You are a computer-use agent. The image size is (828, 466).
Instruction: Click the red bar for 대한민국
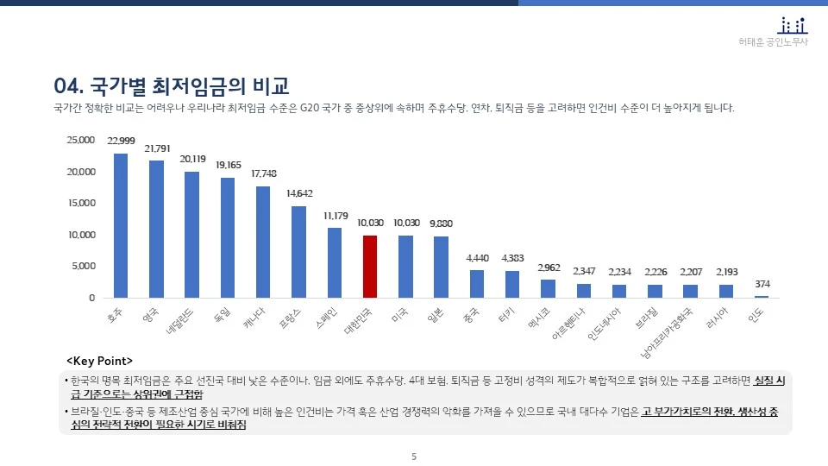pos(369,266)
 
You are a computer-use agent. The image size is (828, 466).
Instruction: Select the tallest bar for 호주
pos(121,226)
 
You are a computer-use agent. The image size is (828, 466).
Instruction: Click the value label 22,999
pos(121,141)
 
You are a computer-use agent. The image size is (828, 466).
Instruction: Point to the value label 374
pos(762,284)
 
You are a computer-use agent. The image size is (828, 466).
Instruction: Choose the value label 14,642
pos(298,193)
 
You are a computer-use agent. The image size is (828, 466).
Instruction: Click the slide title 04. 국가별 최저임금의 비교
pos(171,85)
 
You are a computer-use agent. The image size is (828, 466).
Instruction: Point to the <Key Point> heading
pos(100,360)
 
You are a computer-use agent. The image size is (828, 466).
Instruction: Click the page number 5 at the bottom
pos(414,456)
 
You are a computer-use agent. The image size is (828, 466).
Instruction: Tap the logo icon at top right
pos(793,25)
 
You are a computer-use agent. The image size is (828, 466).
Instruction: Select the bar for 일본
pos(441,267)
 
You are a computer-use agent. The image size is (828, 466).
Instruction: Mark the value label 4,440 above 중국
pos(477,257)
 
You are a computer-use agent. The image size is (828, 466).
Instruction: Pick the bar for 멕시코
pos(548,288)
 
